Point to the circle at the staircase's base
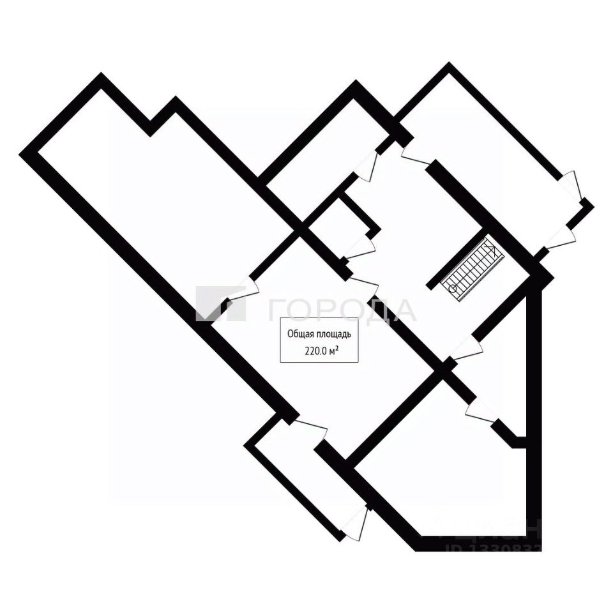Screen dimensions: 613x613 (453, 289)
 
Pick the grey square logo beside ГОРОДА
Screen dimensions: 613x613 (220, 303)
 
